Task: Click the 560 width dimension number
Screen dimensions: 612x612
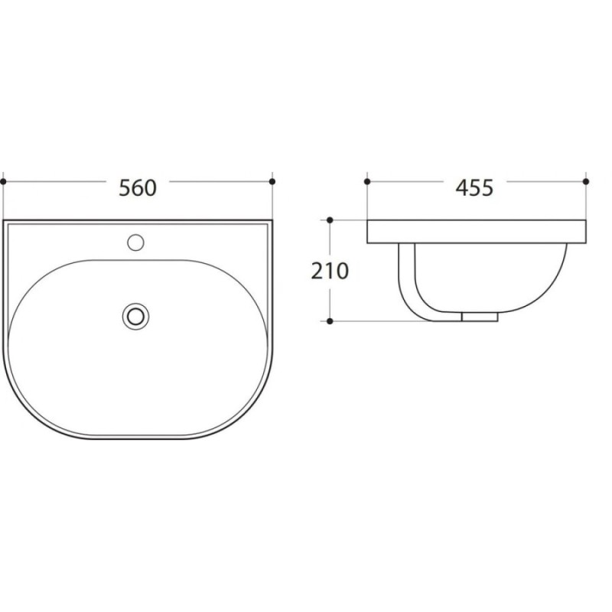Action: (x=138, y=187)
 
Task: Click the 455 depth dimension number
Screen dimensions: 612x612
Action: (x=474, y=187)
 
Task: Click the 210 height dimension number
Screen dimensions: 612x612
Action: (x=330, y=272)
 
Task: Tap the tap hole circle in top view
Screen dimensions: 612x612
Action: (x=135, y=243)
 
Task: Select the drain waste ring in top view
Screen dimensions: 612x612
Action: (x=135, y=316)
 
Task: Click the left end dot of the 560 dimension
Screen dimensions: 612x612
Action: (x=3, y=181)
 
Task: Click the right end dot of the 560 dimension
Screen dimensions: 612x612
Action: (x=272, y=181)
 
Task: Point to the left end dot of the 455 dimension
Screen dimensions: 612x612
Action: (x=367, y=181)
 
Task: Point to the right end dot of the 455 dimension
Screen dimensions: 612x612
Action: (x=585, y=181)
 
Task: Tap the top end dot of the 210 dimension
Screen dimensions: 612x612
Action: (x=330, y=220)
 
